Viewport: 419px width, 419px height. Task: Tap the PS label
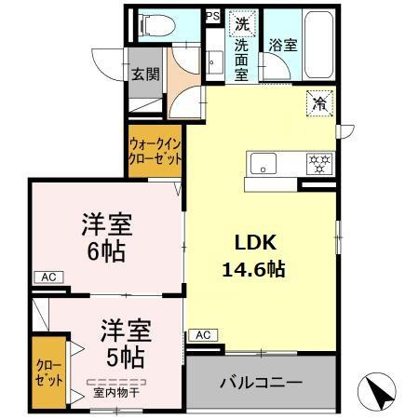pyautogui.click(x=212, y=16)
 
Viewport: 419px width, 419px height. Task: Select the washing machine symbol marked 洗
pyautogui.click(x=241, y=23)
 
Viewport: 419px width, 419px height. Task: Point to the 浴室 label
pyautogui.click(x=282, y=43)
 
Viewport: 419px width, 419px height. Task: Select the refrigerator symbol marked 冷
pyautogui.click(x=319, y=104)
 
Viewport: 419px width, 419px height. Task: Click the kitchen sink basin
pyautogui.click(x=263, y=166)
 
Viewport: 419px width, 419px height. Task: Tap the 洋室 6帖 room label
pyautogui.click(x=105, y=237)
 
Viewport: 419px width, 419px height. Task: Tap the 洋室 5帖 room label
pyautogui.click(x=122, y=343)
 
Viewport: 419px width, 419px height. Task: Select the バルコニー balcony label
pyautogui.click(x=261, y=383)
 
